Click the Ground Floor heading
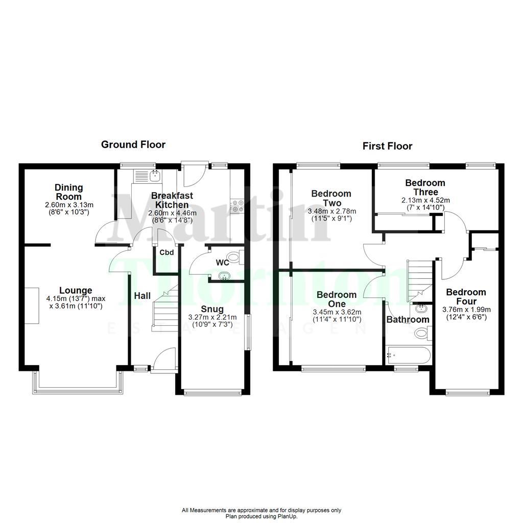click(133, 145)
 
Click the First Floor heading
click(387, 146)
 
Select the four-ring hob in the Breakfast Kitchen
click(237, 205)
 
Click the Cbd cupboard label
click(167, 252)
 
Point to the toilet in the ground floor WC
click(234, 257)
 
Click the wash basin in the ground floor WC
click(224, 277)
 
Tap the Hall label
click(142, 296)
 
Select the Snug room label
click(211, 309)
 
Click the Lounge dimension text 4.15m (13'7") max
click(75, 299)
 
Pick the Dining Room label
click(68, 192)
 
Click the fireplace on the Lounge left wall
click(32, 305)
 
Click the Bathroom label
click(407, 320)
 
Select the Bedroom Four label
click(466, 297)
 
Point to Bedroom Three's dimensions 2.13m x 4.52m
click(425, 200)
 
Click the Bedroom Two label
click(331, 198)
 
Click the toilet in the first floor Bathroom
click(421, 334)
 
